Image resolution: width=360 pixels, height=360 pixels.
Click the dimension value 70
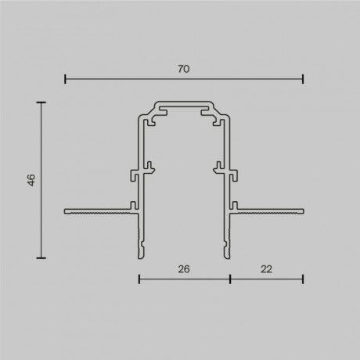click(184, 69)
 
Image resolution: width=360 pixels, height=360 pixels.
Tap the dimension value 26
click(184, 268)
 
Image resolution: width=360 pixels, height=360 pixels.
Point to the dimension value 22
click(266, 268)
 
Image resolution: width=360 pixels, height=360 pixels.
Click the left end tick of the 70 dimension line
click(65, 78)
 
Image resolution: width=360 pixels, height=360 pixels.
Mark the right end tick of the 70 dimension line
click(303, 78)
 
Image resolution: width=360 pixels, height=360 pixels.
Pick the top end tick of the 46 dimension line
click(41, 102)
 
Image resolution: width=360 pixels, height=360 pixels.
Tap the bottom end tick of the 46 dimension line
click(41, 257)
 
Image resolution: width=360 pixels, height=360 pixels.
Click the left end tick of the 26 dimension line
click(139, 279)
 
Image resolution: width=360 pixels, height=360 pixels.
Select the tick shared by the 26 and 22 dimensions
click(229, 279)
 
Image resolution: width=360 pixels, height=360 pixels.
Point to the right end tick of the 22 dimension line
click(303, 279)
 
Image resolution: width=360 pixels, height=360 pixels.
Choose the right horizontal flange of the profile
click(270, 211)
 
